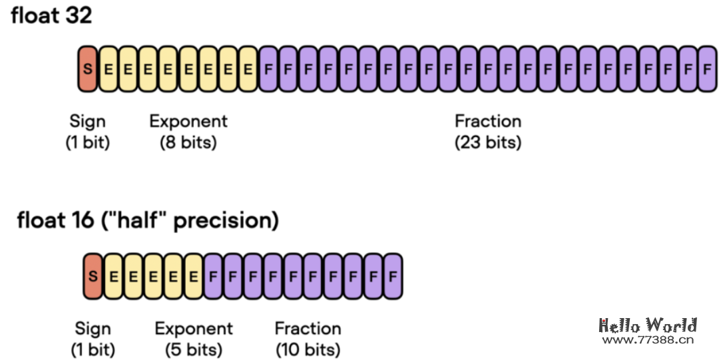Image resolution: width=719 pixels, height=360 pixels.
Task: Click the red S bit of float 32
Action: pos(88,69)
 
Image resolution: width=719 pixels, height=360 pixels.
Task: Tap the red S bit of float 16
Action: pos(94,275)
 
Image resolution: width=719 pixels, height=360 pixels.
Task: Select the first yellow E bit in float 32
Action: pos(108,69)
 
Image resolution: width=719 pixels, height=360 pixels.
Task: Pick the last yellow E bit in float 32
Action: pos(248,69)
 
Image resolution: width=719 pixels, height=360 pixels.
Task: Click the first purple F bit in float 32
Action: pos(268,69)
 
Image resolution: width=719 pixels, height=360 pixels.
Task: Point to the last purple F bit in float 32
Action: pos(708,69)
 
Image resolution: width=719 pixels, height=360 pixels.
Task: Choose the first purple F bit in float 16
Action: pos(214,275)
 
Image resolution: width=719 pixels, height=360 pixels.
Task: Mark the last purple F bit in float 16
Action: pos(393,275)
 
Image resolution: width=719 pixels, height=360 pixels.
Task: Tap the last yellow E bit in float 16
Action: pos(194,275)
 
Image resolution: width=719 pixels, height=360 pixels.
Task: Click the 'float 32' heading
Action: pos(51,16)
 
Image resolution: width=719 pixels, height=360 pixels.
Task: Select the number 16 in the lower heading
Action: pos(79,220)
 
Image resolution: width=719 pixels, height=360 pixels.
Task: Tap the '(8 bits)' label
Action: pos(188,142)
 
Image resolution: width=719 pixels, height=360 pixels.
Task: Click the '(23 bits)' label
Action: pos(488,142)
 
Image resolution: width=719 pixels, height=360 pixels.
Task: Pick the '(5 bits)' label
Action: pos(194,349)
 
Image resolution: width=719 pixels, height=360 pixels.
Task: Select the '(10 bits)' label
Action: pos(308,349)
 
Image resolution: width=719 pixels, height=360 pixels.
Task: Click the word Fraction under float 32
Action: pos(488,121)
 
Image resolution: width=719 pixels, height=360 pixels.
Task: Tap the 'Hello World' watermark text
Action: pos(648,325)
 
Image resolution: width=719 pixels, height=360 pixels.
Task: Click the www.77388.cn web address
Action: pos(648,340)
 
